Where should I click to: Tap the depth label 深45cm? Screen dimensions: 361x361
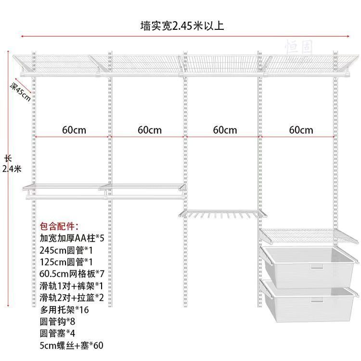20,91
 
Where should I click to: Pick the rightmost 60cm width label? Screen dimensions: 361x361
301,130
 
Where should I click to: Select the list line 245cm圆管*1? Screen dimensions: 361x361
67,250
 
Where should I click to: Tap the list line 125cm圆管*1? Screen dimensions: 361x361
67,262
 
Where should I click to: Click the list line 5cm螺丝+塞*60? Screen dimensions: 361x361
71,345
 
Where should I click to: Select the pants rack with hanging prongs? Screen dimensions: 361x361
222,214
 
